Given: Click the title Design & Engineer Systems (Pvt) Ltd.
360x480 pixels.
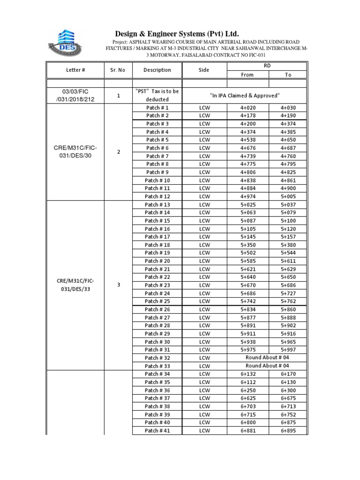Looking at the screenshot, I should [177, 34].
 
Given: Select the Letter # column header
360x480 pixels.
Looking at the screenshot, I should [75, 70].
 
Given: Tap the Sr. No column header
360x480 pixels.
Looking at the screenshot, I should [118, 70].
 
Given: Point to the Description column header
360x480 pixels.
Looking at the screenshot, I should [157, 70].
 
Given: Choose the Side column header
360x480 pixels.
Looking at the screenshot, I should [204, 70].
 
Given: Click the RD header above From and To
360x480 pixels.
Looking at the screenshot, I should [267, 66].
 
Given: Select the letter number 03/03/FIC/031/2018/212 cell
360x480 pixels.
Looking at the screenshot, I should [75, 95].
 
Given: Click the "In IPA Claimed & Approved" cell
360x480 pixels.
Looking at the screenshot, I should [244, 95].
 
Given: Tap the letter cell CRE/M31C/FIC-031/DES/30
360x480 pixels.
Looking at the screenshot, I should [75, 152].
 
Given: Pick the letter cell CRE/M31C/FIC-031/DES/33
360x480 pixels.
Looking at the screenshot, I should [75, 285].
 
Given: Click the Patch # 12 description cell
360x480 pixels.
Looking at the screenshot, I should [157, 196].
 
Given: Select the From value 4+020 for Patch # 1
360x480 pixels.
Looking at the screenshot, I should [247, 107].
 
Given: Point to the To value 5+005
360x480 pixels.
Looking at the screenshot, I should [288, 196].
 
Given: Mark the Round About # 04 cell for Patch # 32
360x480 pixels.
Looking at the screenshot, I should [267, 358].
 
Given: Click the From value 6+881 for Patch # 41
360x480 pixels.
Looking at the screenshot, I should [248, 431].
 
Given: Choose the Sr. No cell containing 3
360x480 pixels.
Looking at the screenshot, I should [118, 285].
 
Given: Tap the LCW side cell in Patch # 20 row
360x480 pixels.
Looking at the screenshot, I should [204, 261].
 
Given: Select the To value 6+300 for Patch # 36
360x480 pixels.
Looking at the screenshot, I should [288, 390].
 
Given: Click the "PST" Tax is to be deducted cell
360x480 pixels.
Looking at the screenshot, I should [157, 95].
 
